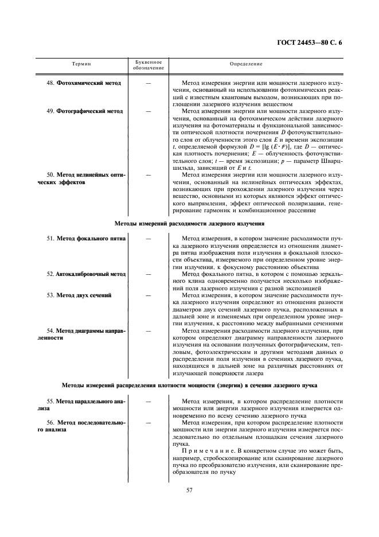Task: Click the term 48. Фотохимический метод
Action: pyautogui.click(x=84, y=83)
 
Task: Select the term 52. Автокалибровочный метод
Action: pyautogui.click(x=86, y=274)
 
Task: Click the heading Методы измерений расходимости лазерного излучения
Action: pyautogui.click(x=189, y=222)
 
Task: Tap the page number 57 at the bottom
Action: pyautogui.click(x=189, y=489)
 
